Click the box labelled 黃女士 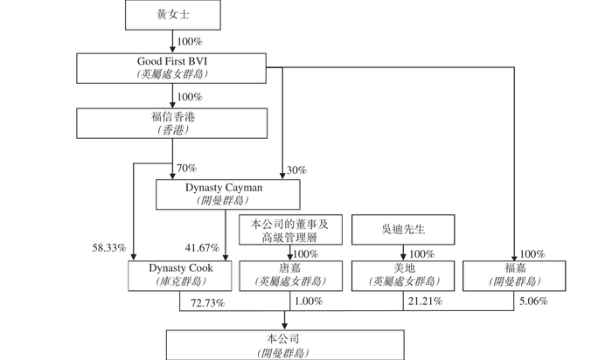click(173, 15)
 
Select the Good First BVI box click(171, 68)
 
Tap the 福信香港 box click(172, 123)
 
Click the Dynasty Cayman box click(228, 194)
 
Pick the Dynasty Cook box click(180, 276)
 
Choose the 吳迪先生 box click(403, 229)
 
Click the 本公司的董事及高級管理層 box click(291, 230)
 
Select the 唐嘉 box click(291, 276)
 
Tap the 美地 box click(403, 276)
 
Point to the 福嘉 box click(514, 276)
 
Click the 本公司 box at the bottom click(285, 345)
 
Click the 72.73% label click(208, 303)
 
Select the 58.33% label click(109, 247)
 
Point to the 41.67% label click(202, 247)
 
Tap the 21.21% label click(426, 301)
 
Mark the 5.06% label click(533, 301)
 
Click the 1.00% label click(309, 301)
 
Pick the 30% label click(296, 170)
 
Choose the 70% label click(186, 168)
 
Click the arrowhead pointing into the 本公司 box click(284, 326)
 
